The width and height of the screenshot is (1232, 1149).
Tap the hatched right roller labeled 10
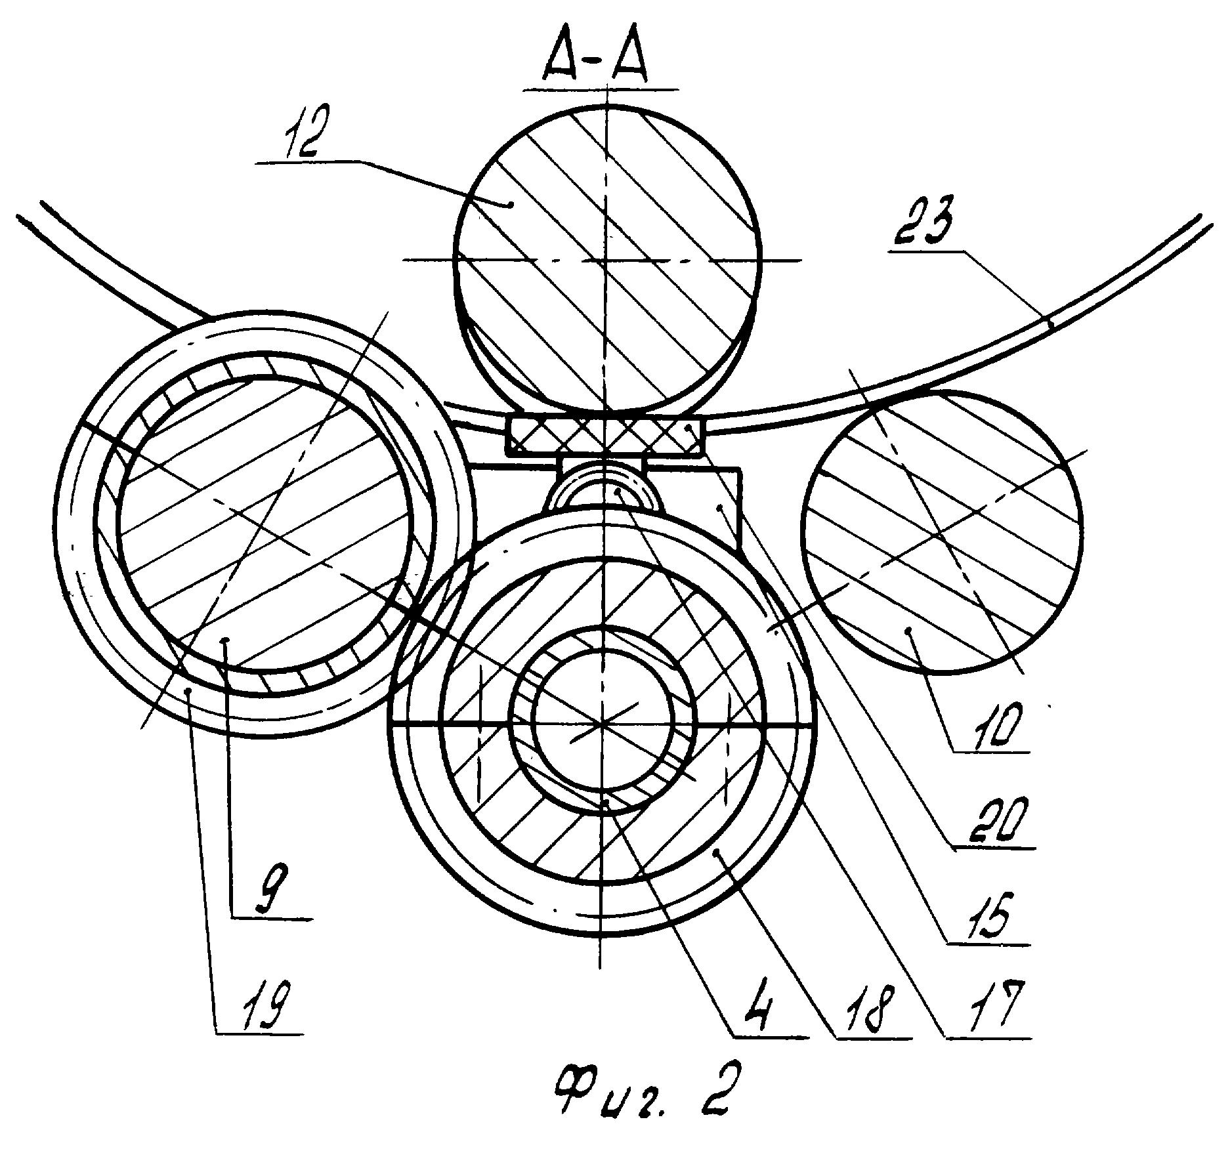[943, 532]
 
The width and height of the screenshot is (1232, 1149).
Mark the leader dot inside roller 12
[509, 204]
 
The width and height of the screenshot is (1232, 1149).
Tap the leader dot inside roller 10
[909, 631]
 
